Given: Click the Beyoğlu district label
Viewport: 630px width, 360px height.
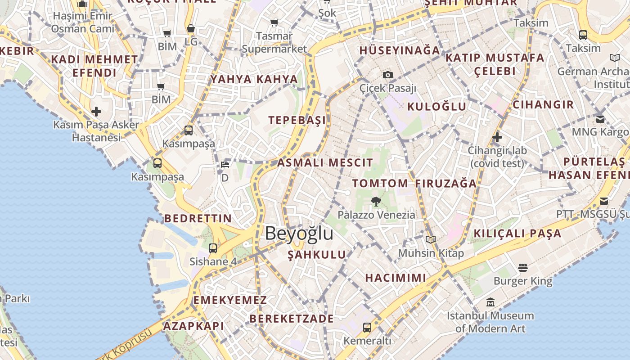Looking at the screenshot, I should pyautogui.click(x=299, y=234).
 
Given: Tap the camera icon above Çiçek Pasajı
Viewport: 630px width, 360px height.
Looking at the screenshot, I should pyautogui.click(x=388, y=75).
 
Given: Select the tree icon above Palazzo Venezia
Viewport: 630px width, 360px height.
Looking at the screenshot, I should pyautogui.click(x=376, y=201).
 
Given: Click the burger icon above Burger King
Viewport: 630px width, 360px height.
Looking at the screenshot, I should pyautogui.click(x=522, y=268).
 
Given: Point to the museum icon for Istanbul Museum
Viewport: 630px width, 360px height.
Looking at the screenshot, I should pyautogui.click(x=490, y=302).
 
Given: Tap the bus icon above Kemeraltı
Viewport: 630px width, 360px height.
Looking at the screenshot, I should pyautogui.click(x=367, y=327).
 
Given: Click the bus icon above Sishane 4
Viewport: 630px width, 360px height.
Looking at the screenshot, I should pyautogui.click(x=213, y=248).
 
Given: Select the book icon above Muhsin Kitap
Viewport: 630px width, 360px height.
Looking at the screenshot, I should pyautogui.click(x=431, y=239).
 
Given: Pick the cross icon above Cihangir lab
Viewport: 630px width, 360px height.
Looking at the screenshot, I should pyautogui.click(x=497, y=137).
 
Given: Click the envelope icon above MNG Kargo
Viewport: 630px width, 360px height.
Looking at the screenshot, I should pyautogui.click(x=600, y=119).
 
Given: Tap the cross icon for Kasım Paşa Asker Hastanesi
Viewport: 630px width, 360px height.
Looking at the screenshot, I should pyautogui.click(x=96, y=111).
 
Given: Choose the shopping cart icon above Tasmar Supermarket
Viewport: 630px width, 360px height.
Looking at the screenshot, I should pyautogui.click(x=274, y=22).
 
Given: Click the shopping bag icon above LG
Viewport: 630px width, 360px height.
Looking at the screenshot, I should pyautogui.click(x=191, y=29).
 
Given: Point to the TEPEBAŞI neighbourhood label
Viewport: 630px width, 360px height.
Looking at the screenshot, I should pyautogui.click(x=297, y=120).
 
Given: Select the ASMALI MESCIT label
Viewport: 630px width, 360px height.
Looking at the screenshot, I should pyautogui.click(x=325, y=162).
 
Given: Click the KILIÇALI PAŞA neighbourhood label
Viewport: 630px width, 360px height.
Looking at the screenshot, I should pyautogui.click(x=517, y=233).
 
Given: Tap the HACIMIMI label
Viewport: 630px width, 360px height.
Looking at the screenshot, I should pyautogui.click(x=396, y=278).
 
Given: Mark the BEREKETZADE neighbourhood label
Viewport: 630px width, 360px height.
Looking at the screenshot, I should pyautogui.click(x=292, y=319).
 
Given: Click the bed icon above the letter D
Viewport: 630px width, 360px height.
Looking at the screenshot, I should pyautogui.click(x=225, y=164).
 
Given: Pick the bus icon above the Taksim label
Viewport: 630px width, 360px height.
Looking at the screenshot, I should pyautogui.click(x=583, y=35).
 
